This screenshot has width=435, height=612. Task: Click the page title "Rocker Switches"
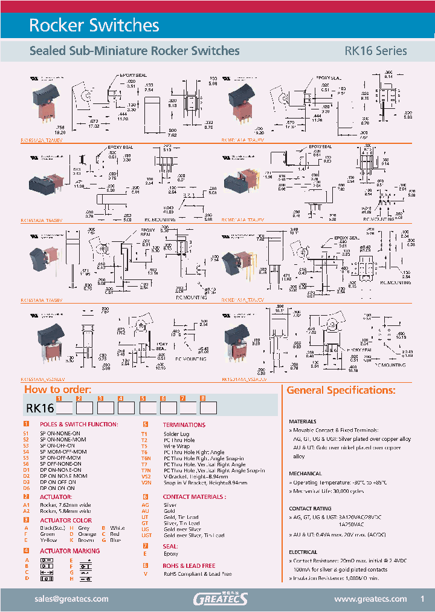pos(94,25)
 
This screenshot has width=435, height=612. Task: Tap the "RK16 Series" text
pos(375,51)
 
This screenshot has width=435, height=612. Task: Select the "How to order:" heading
pos(58,389)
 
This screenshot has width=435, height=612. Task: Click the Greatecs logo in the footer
pos(220,599)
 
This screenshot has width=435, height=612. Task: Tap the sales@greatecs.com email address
pos(72,599)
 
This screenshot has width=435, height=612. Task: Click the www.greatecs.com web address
pos(370,599)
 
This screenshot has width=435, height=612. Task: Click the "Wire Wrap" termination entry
pos(176,446)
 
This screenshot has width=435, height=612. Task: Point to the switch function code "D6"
pos(27,488)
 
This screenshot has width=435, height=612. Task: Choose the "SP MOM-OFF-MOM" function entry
pos(63,452)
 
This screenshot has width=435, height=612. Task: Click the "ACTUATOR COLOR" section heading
pos(66,520)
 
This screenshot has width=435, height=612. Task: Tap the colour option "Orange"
pos(87,534)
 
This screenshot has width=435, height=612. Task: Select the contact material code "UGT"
pos(146,535)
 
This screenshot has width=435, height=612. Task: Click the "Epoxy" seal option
pos(171,554)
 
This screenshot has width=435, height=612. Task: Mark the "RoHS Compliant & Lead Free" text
pos(198,574)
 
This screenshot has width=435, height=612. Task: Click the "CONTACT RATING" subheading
pos(309,509)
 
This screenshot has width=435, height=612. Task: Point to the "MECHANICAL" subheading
pos(305,474)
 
